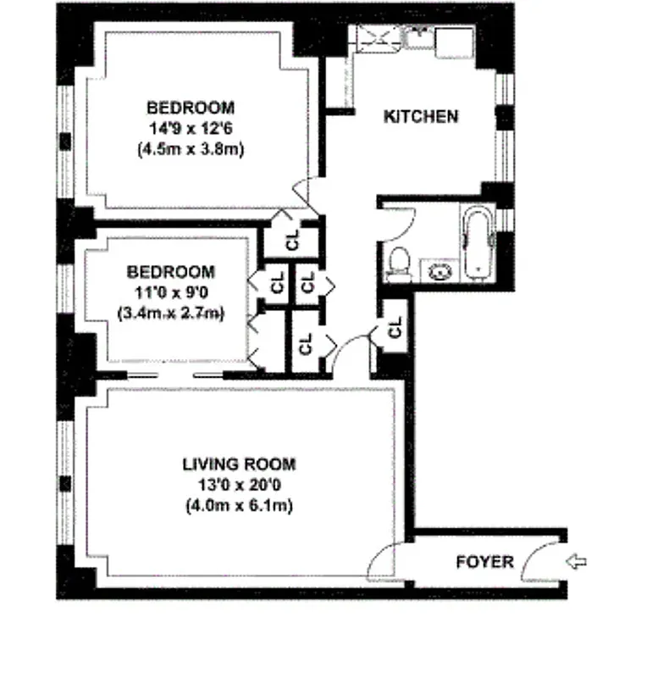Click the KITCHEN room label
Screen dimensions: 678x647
[x=421, y=116]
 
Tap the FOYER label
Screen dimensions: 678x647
[x=484, y=562]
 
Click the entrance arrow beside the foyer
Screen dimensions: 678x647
[x=576, y=561]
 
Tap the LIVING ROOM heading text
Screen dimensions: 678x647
[x=239, y=464]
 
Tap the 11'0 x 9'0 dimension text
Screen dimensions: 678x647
[x=170, y=292]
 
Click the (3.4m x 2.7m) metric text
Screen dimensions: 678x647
[x=170, y=314]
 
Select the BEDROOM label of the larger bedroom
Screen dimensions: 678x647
[x=191, y=108]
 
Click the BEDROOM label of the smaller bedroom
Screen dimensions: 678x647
[x=170, y=272]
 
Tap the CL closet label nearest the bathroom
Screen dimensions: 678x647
[x=395, y=327]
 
